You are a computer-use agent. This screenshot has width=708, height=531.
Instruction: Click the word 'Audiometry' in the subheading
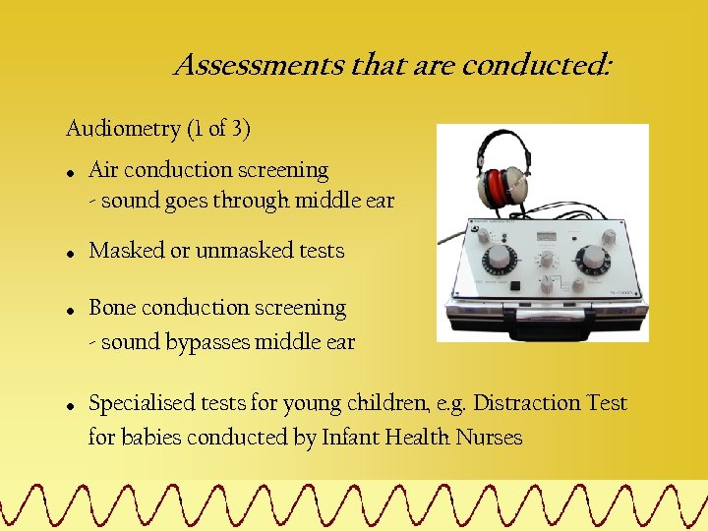click(111, 129)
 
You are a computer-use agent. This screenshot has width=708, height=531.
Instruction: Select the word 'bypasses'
click(211, 343)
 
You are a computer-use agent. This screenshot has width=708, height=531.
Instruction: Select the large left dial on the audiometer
click(500, 258)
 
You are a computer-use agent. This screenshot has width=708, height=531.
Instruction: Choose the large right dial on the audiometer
click(592, 259)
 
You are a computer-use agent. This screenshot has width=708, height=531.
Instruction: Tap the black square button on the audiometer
click(514, 285)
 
